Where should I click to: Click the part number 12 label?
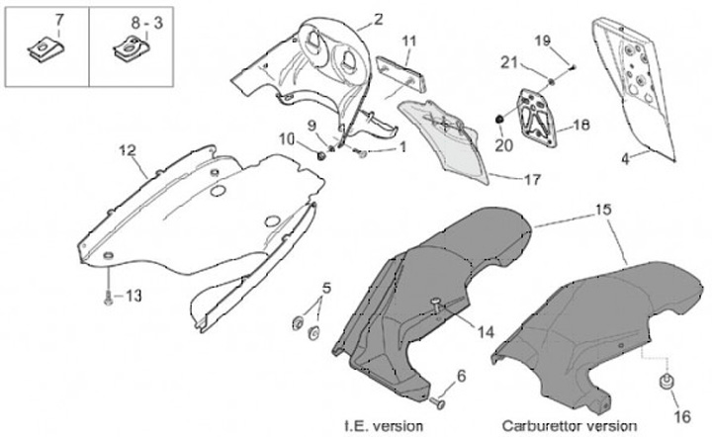127,150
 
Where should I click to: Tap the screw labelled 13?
106,294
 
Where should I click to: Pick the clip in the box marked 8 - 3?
128,45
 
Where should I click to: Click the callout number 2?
378,19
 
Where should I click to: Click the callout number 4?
624,157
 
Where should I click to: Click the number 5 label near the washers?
327,288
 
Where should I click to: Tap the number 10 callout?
286,139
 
